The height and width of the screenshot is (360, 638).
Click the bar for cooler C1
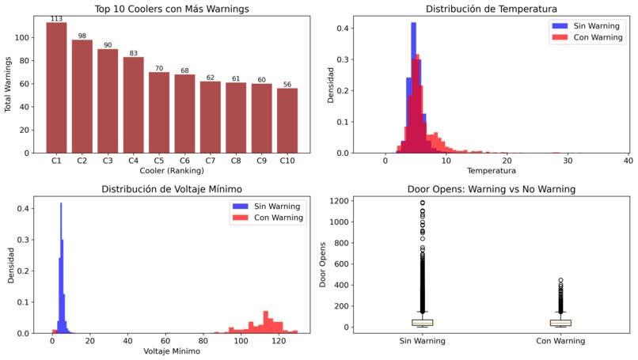tap(56, 87)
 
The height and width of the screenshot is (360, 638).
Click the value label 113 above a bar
tap(56, 18)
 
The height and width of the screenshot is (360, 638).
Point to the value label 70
tap(159, 68)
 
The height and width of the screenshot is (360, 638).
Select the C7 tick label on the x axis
tap(211, 161)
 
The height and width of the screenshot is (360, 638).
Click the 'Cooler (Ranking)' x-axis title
tap(172, 170)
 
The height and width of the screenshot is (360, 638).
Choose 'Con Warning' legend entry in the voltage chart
tap(277, 218)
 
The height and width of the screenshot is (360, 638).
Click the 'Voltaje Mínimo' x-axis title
tap(172, 351)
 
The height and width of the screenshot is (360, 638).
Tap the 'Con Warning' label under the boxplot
tap(560, 341)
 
